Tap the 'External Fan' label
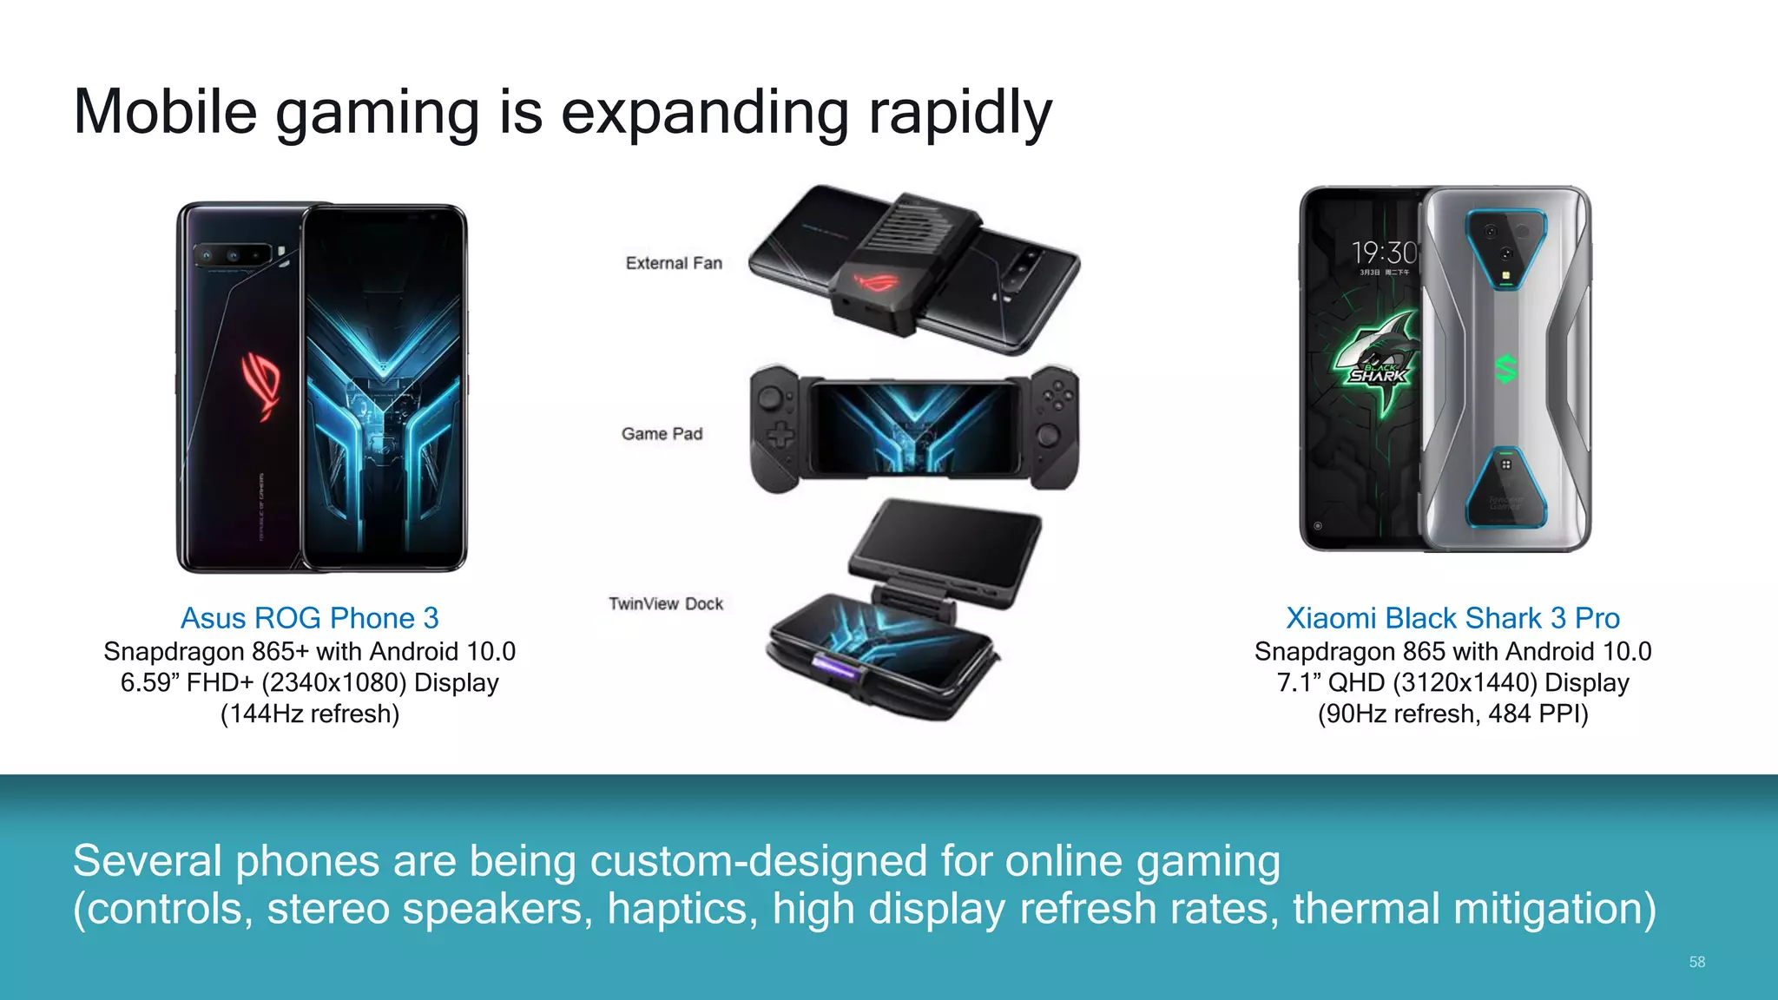(x=674, y=263)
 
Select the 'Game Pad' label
(x=662, y=434)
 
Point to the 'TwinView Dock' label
(x=666, y=604)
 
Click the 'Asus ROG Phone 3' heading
(x=309, y=618)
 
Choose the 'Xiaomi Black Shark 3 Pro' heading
(x=1452, y=618)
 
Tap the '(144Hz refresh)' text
(x=310, y=714)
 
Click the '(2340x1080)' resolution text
(x=334, y=682)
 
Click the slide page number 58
(x=1696, y=962)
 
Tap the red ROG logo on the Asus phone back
(x=262, y=382)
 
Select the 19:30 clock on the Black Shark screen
(x=1384, y=253)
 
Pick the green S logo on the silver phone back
(x=1506, y=369)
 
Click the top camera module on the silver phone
(x=1506, y=248)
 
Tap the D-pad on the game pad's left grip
(x=780, y=434)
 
